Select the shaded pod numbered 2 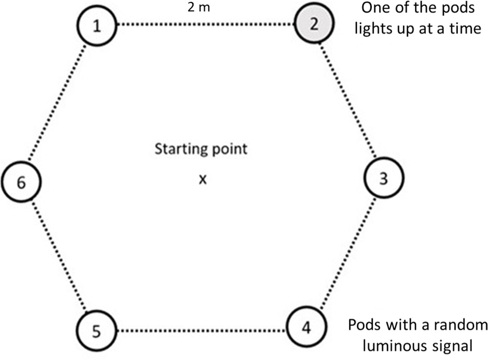[314, 25]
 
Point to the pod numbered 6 [21, 182]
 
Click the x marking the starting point [203, 180]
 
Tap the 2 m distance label [199, 8]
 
